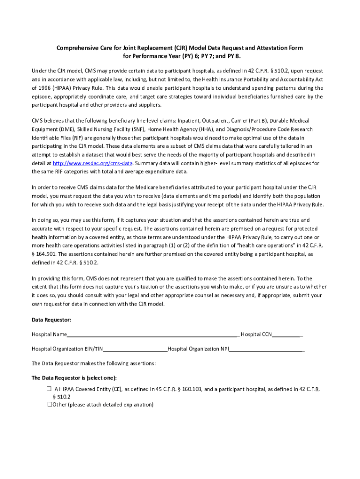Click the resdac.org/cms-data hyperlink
click(93, 163)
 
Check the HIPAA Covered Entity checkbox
click(49, 389)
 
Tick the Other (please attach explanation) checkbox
click(49, 405)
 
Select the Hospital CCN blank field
click(287, 334)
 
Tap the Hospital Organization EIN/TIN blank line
click(135, 349)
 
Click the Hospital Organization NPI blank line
click(266, 349)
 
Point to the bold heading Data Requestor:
click(51, 320)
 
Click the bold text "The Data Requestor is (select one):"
click(74, 378)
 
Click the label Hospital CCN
click(256, 334)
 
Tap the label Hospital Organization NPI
click(198, 349)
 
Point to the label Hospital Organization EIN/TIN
click(67, 349)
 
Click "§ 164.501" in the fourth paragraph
click(45, 254)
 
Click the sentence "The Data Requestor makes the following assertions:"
click(94, 363)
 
